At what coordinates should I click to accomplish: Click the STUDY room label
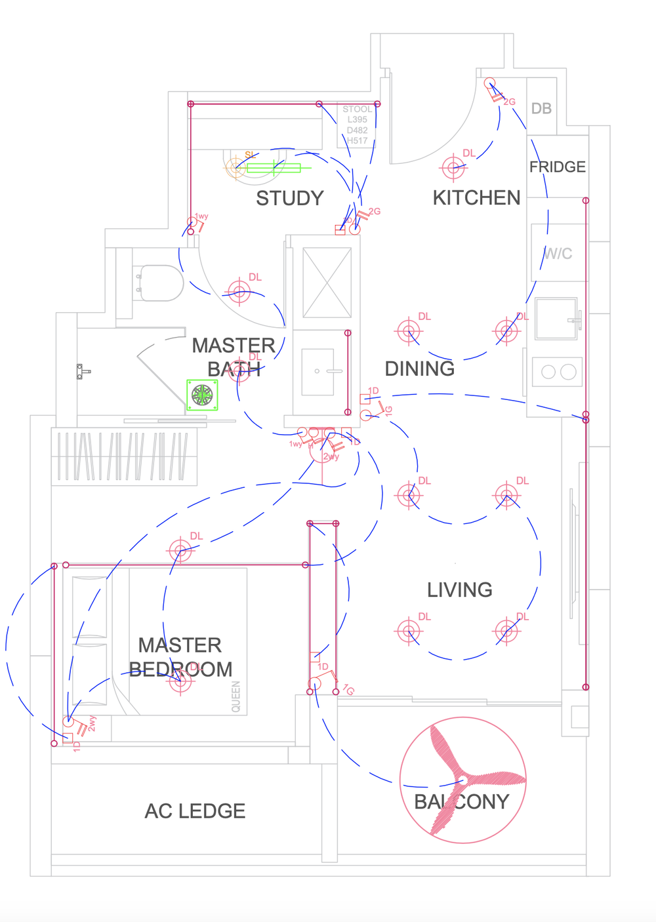[x=290, y=198]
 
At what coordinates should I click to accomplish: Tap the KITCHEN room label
[x=476, y=197]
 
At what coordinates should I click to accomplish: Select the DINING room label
[x=419, y=369]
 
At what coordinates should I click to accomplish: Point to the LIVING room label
[x=459, y=590]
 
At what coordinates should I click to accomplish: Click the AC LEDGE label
[x=195, y=811]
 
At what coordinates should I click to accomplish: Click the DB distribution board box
[x=541, y=108]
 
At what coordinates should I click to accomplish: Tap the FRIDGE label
[x=557, y=167]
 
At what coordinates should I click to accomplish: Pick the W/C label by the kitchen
[x=558, y=253]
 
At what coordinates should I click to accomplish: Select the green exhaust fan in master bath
[x=202, y=395]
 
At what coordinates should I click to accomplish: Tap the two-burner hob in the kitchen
[x=558, y=372]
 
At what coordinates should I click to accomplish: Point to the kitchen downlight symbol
[x=453, y=168]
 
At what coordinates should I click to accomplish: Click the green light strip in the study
[x=274, y=169]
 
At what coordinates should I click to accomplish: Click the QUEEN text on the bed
[x=236, y=696]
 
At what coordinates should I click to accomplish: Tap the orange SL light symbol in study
[x=236, y=167]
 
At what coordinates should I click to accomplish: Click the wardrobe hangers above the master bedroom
[x=124, y=456]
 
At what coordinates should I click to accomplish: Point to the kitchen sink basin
[x=556, y=319]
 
